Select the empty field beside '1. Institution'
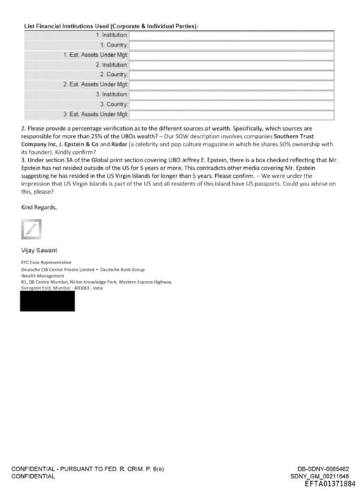[x=231, y=34]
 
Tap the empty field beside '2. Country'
[x=231, y=74]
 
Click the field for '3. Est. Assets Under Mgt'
[x=231, y=113]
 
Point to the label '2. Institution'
[x=112, y=64]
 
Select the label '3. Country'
[x=115, y=103]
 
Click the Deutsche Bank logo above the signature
[x=32, y=228]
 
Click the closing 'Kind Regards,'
[x=39, y=207]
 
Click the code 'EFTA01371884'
[x=330, y=483]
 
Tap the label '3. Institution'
[x=112, y=93]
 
